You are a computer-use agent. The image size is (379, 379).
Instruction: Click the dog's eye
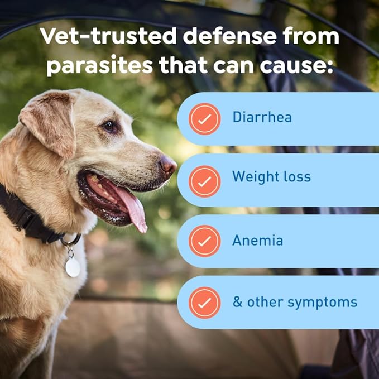(109, 126)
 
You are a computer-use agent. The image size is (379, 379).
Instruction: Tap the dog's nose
(168, 165)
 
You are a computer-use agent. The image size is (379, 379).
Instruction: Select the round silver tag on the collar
(73, 267)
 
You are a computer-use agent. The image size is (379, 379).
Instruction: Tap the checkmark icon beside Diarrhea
(204, 119)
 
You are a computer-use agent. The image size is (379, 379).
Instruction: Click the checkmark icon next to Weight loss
(204, 181)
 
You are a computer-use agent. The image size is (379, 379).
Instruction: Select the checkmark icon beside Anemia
(204, 241)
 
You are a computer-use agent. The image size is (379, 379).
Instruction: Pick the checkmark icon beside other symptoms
(204, 303)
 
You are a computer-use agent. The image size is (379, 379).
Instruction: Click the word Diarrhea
(262, 117)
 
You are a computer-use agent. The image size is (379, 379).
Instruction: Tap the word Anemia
(258, 240)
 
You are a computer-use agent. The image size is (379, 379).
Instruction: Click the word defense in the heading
(229, 36)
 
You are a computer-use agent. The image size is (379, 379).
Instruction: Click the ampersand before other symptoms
(237, 301)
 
